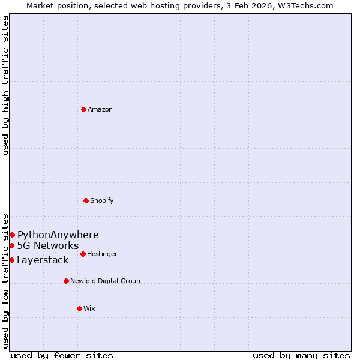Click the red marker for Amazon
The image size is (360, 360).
coord(83,109)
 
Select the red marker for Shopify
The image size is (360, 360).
coord(86,200)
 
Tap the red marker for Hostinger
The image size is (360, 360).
coord(83,254)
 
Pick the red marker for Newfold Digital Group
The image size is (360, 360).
coord(66,281)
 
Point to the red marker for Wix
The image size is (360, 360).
coord(79,308)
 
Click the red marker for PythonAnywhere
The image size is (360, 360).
coord(12,235)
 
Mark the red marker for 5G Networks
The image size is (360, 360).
coord(11,245)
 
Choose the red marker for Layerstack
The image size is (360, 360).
coord(11,260)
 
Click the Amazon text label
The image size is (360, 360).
coord(100,109)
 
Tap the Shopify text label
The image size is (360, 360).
coord(102,200)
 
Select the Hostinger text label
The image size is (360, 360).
coord(102,254)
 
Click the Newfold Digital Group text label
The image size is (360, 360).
coord(105,281)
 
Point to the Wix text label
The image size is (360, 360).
coord(89,308)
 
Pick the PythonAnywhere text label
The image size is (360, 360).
coord(58,235)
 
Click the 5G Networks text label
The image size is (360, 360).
coord(48,245)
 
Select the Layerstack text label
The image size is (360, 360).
coord(43,260)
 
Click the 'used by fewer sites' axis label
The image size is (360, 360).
coord(62,355)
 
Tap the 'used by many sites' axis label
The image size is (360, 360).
coord(301,355)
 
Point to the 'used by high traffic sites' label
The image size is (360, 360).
coord(5,85)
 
